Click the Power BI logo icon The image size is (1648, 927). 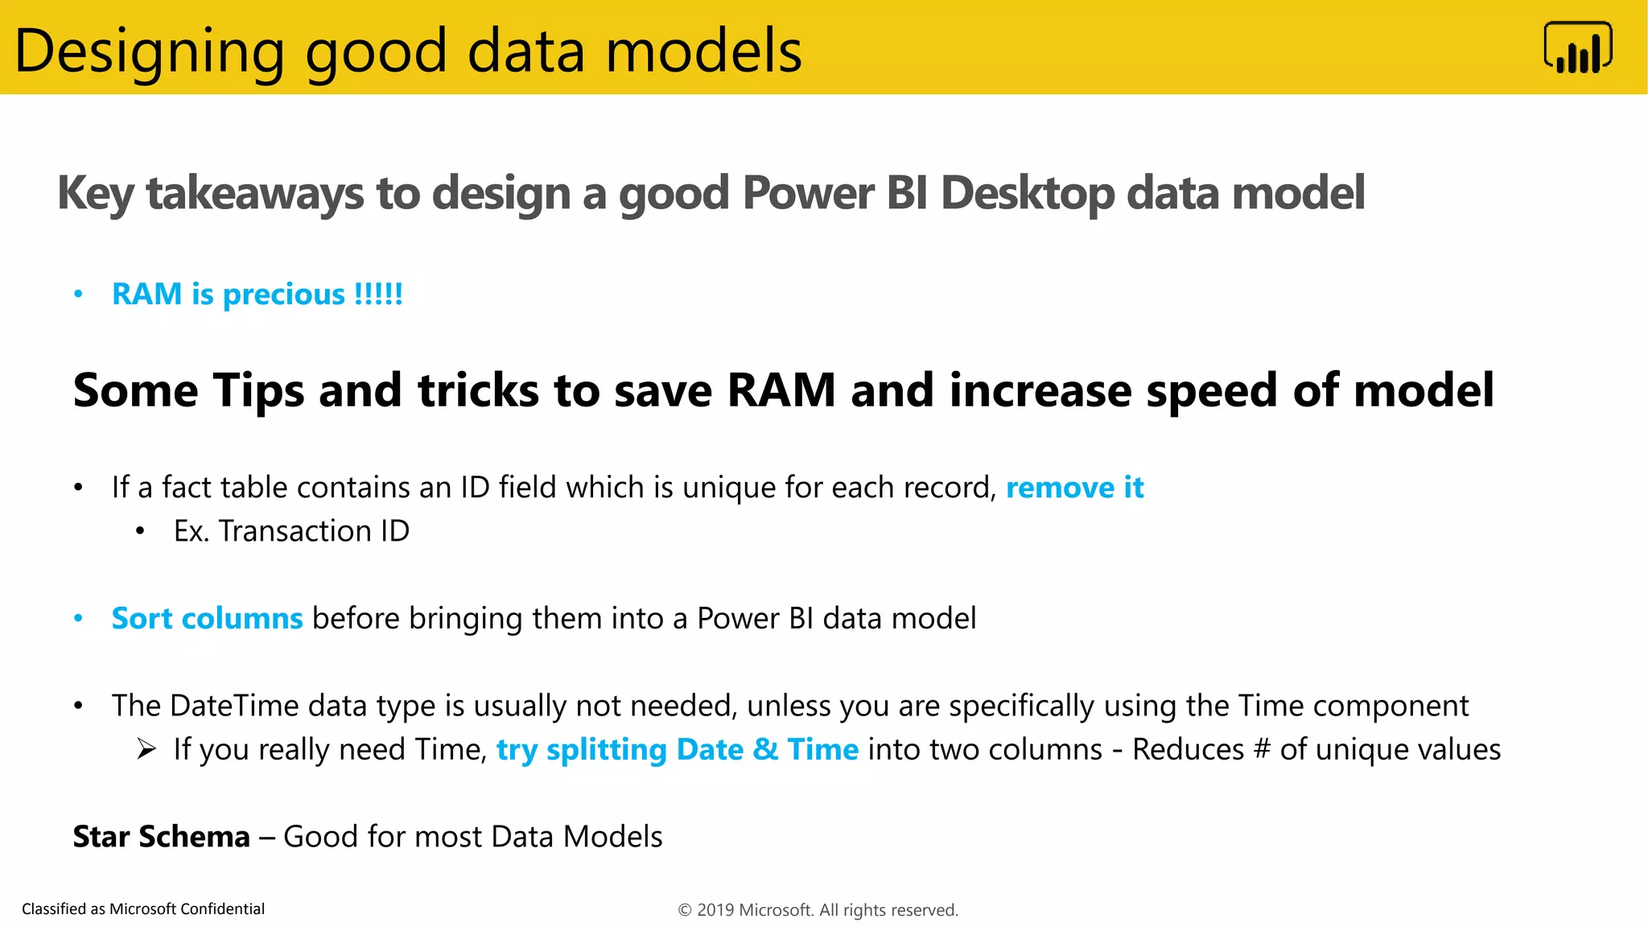[x=1577, y=48]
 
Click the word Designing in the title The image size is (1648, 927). [x=150, y=51]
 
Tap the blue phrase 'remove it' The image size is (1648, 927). [x=1074, y=488]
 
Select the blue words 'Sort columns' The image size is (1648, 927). [x=207, y=619]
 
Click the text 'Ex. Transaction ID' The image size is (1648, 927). [x=291, y=531]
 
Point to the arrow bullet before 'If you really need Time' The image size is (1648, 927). [x=146, y=749]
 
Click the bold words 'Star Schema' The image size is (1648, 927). [x=161, y=837]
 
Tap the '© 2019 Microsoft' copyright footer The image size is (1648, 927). [x=818, y=910]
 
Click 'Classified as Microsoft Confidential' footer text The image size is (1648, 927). [x=143, y=909]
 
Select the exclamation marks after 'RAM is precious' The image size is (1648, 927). [x=378, y=294]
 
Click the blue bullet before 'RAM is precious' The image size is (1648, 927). [x=78, y=295]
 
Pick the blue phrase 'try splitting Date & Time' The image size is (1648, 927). [x=677, y=750]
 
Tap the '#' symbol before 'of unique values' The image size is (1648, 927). [x=1262, y=750]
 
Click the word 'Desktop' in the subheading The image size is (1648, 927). [x=1027, y=194]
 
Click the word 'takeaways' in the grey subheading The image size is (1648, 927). [x=254, y=194]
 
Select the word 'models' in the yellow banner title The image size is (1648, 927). [x=703, y=51]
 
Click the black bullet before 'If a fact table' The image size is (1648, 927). [x=78, y=488]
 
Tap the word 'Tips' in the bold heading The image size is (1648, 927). [x=258, y=391]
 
